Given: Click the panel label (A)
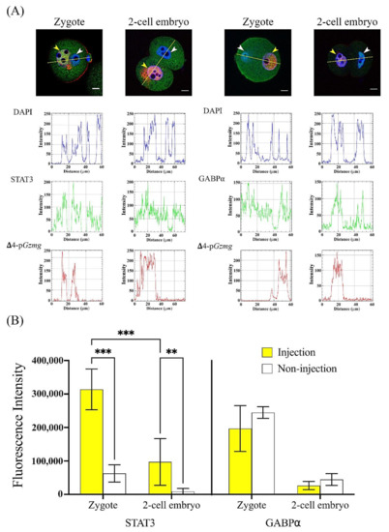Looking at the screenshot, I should [14, 9].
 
